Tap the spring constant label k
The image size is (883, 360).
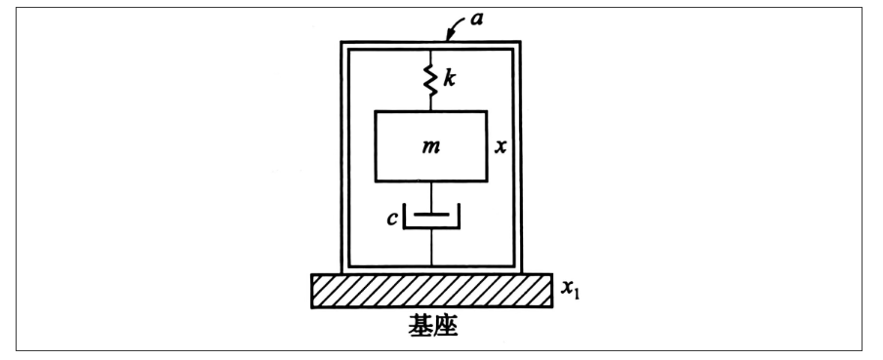click(x=450, y=78)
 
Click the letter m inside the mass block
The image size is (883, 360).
click(x=429, y=145)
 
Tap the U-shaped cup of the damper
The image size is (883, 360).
click(x=430, y=225)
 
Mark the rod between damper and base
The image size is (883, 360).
click(x=430, y=251)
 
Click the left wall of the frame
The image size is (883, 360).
click(x=343, y=156)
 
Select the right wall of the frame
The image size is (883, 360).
click(x=518, y=156)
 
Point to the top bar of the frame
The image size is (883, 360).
click(x=430, y=45)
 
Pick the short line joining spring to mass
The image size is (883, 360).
click(x=430, y=104)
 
